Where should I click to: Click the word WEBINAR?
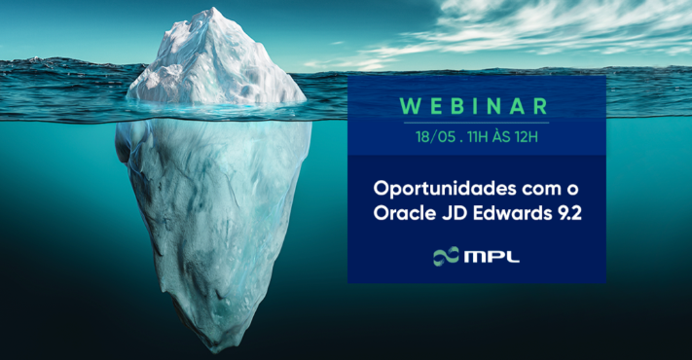click(477, 106)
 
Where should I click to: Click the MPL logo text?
click(492, 257)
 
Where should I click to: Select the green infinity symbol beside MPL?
click(447, 257)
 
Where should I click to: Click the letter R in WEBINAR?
click(540, 106)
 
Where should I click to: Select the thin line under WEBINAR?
click(477, 123)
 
